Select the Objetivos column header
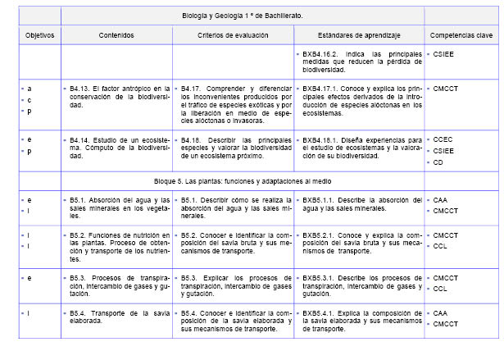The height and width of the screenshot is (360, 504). coord(39,36)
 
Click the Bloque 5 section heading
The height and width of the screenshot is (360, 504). coord(252,180)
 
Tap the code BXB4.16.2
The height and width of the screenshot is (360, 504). coord(321,54)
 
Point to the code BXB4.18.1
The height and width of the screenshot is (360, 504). coord(321,139)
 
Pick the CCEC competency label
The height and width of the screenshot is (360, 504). coord(443,139)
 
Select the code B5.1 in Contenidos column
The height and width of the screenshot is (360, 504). coord(76,199)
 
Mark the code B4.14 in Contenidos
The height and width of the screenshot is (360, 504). coord(78,139)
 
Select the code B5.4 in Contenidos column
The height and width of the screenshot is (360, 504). coord(76,312)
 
